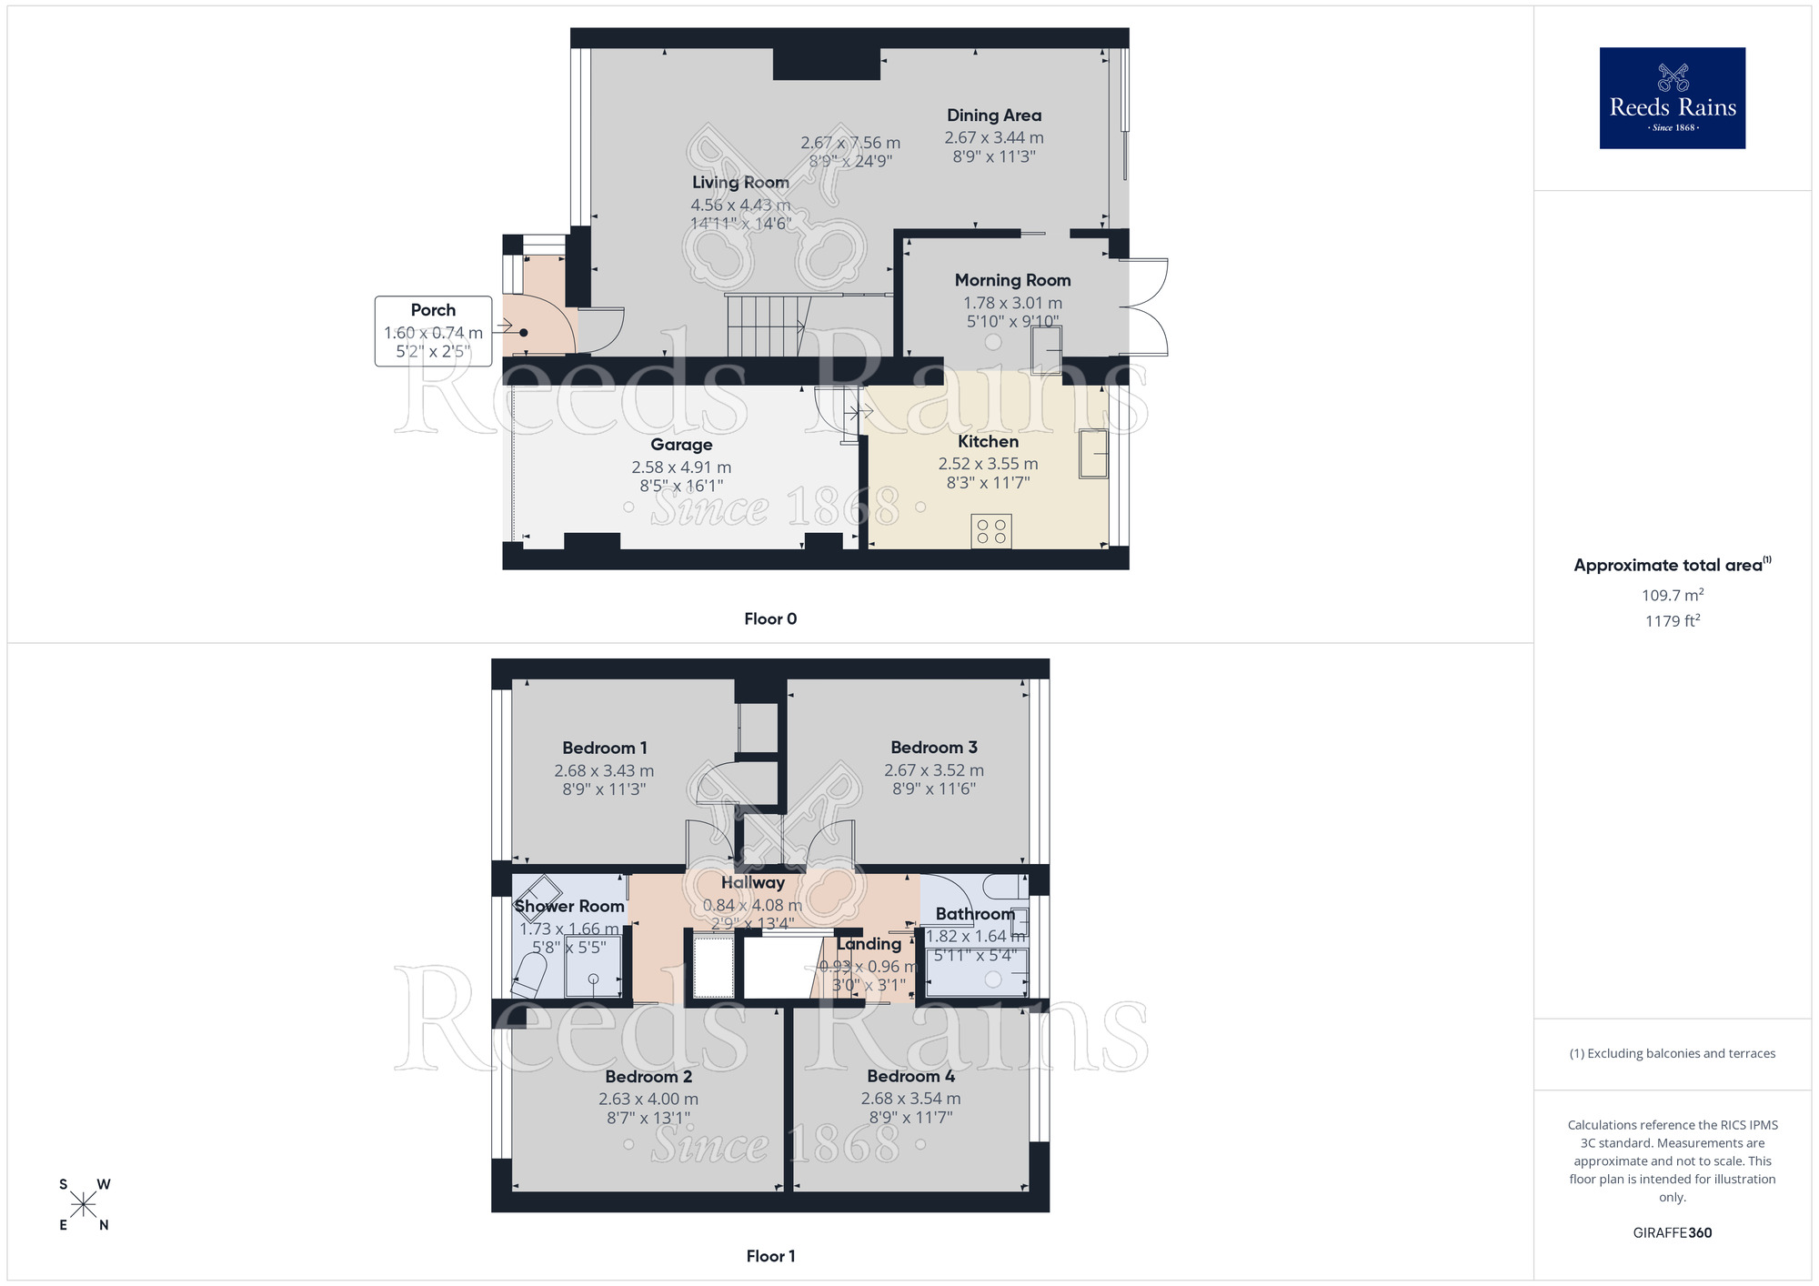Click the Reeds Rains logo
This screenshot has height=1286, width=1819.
pos(1672,98)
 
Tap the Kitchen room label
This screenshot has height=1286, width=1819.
pos(988,441)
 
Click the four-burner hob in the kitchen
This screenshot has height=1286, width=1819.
pos(990,531)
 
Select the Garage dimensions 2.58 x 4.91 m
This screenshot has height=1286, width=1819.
pos(681,467)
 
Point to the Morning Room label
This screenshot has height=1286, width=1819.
pos(1012,280)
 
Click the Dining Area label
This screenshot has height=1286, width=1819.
pos(993,116)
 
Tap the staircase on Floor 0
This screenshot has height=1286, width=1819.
pos(766,325)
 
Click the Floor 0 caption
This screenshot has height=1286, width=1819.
pos(769,618)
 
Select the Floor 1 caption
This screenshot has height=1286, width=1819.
pos(769,1256)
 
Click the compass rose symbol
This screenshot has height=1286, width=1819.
pos(84,1205)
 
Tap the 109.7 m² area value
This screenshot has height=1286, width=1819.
pos(1672,596)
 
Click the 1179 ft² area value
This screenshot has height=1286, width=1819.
pos(1672,621)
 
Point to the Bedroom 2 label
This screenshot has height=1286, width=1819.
pos(648,1077)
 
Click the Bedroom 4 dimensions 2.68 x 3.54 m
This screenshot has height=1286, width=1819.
pos(910,1099)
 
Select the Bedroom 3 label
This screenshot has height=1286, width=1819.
pos(933,748)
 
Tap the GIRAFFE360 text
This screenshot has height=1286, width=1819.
pos(1672,1233)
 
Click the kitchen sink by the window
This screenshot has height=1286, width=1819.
pos(1093,454)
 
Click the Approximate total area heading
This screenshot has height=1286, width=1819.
pos(1672,565)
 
